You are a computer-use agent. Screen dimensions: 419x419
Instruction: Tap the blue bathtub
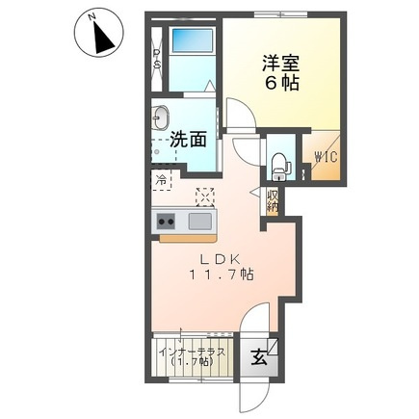pos(191,42)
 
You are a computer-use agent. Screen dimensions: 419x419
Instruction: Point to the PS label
pos(157,60)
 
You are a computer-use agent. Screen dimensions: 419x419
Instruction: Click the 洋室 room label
pos(282,64)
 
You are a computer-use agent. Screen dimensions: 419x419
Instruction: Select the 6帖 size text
pos(282,84)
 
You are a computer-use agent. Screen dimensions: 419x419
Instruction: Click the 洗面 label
pos(189,139)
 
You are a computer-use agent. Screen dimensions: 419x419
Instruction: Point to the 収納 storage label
pos(273,199)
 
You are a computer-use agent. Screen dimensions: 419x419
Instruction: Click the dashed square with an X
pos(205,195)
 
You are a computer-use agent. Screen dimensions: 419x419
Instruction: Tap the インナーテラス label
pos(192,352)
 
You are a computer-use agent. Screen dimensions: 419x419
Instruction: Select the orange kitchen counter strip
pos(189,236)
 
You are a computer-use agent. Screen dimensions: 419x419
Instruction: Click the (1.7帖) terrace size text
pos(192,364)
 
